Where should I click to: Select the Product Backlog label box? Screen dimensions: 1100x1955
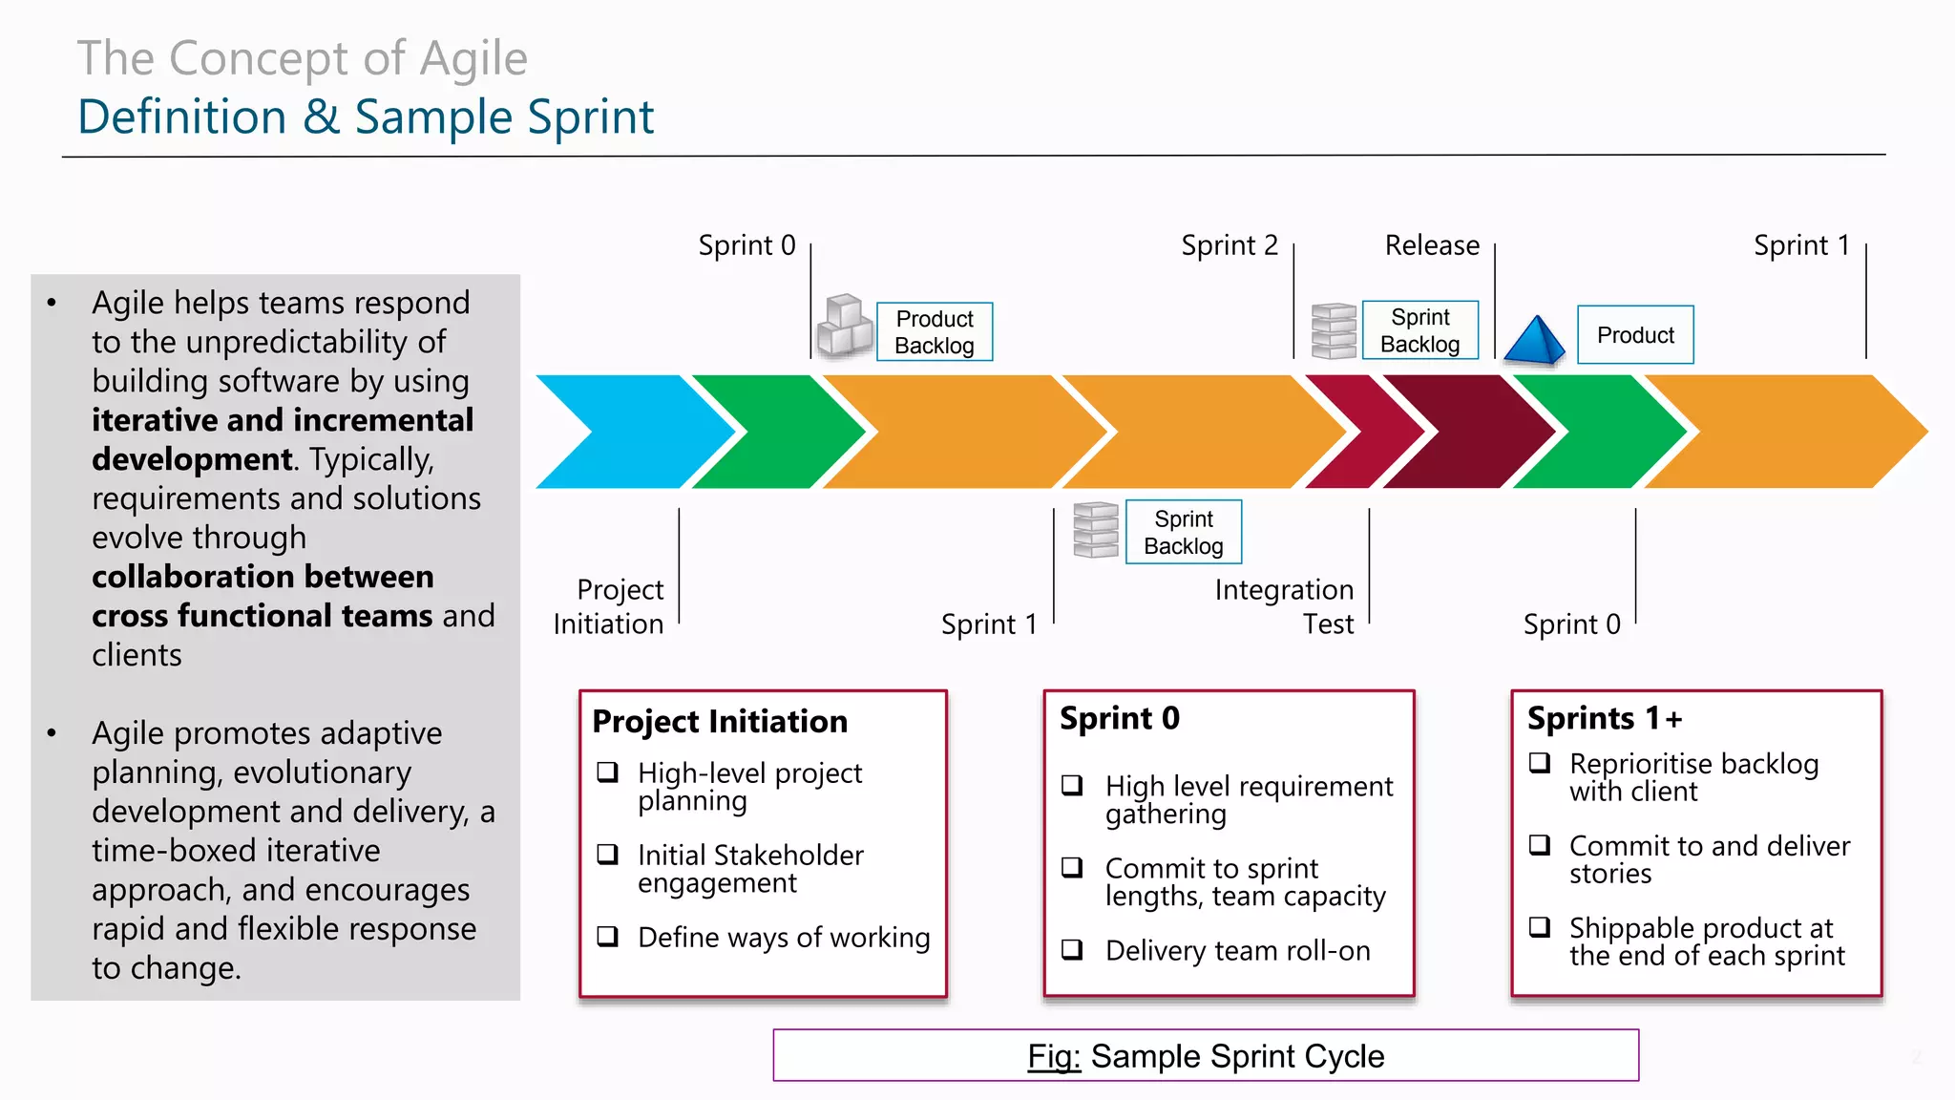(x=935, y=332)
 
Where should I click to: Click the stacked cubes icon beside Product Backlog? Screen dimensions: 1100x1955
(x=845, y=327)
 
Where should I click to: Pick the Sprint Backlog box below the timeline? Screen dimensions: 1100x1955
(x=1183, y=532)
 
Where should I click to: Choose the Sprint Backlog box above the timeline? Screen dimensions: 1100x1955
(x=1419, y=330)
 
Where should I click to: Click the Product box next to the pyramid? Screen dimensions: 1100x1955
(x=1635, y=335)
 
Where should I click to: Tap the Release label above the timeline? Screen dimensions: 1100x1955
(x=1432, y=245)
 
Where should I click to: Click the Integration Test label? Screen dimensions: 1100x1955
(x=1285, y=606)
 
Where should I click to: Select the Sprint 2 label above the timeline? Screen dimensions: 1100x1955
(x=1229, y=245)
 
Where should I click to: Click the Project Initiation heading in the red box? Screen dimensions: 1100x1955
(x=720, y=721)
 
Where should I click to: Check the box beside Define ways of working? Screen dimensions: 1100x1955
(x=608, y=936)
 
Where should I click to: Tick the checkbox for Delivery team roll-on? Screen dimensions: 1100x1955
(x=1072, y=949)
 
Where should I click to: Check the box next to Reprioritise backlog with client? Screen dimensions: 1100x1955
(x=1539, y=762)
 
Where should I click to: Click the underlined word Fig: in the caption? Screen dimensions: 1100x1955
(x=1054, y=1056)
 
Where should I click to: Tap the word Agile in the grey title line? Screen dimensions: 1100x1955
(x=473, y=59)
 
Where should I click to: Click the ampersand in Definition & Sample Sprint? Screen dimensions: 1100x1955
(x=321, y=117)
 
